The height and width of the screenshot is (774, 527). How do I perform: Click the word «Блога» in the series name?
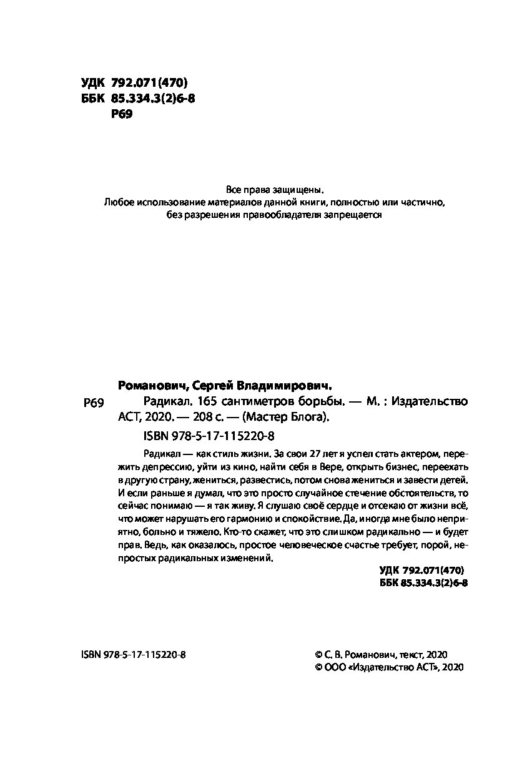click(x=305, y=418)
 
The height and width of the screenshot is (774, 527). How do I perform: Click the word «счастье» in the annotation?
click(x=348, y=545)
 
